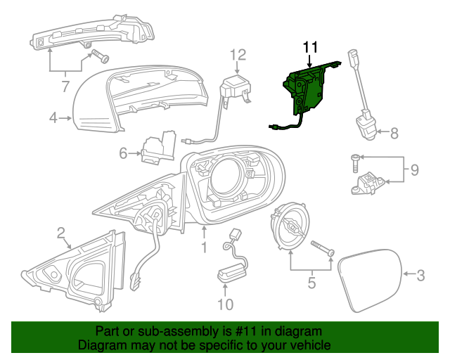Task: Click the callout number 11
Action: pos(311,47)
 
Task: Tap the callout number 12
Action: pos(238,54)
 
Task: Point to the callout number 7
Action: pos(65,88)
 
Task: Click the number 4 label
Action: pos(53,118)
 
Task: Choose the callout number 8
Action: pos(394,131)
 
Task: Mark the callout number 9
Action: pos(414,169)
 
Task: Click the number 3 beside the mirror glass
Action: pos(420,276)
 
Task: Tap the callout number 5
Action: pos(310,285)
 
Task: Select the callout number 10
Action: pos(225,304)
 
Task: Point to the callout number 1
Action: pos(203,247)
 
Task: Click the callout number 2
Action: pos(61,232)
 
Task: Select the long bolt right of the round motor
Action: pos(321,247)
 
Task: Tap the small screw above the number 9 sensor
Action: pos(354,164)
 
